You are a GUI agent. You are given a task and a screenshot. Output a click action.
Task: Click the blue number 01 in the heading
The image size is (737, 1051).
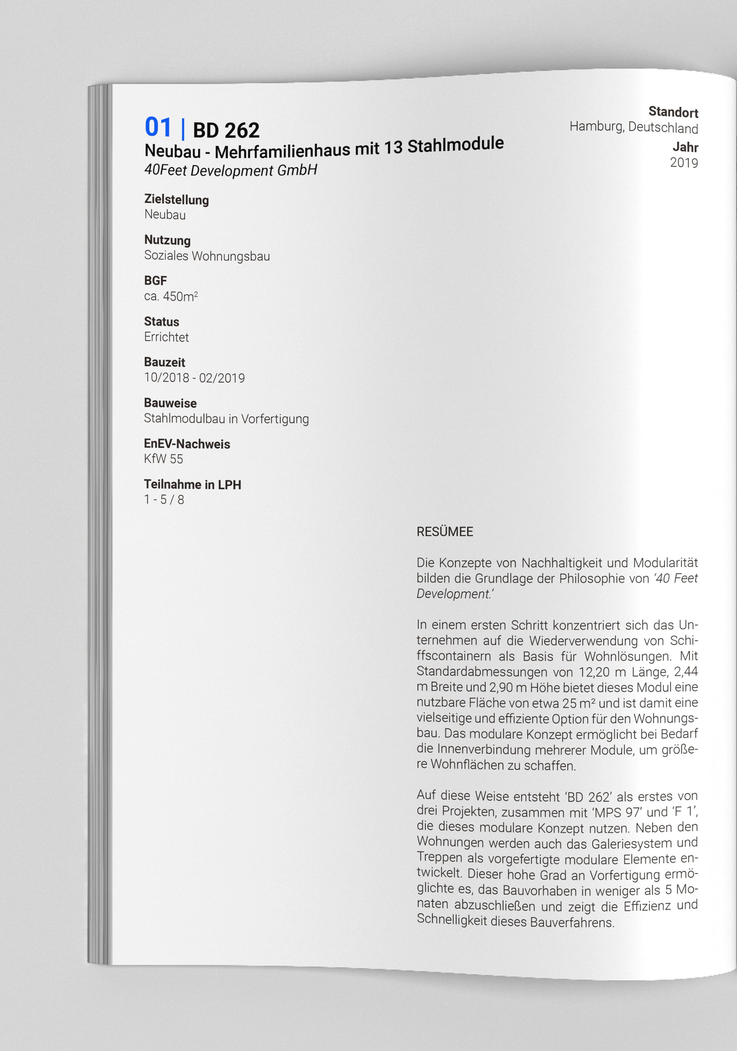coord(158,127)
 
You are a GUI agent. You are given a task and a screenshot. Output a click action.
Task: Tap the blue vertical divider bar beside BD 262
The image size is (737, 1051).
coord(183,129)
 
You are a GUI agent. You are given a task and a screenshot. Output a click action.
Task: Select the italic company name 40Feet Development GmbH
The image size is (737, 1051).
coord(231,170)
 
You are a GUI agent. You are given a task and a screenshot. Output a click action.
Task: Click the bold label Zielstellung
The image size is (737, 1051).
coord(176,200)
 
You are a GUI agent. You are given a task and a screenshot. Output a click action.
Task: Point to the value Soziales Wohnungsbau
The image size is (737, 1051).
coord(207,256)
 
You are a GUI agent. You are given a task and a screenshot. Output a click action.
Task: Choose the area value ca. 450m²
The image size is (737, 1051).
coord(171,297)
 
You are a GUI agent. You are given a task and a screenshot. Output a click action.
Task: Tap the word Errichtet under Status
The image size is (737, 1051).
coord(166,338)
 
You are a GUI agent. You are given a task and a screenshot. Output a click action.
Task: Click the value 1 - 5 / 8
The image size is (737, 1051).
coord(164,500)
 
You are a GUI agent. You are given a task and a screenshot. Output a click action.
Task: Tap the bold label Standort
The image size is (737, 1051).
coord(673,112)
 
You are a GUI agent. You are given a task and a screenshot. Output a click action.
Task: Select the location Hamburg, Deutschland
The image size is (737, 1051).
coord(634,127)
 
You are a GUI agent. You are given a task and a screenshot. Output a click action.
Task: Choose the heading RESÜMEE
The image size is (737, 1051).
coord(444,532)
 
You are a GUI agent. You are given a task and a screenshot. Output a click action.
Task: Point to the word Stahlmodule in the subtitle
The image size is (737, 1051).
coord(455,145)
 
